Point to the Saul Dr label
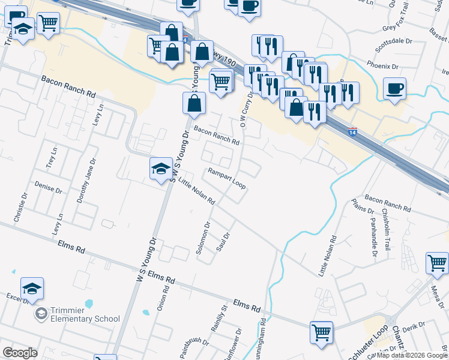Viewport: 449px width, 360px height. click(224, 243)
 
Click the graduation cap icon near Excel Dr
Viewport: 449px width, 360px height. click(32, 288)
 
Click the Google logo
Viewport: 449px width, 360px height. click(20, 353)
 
